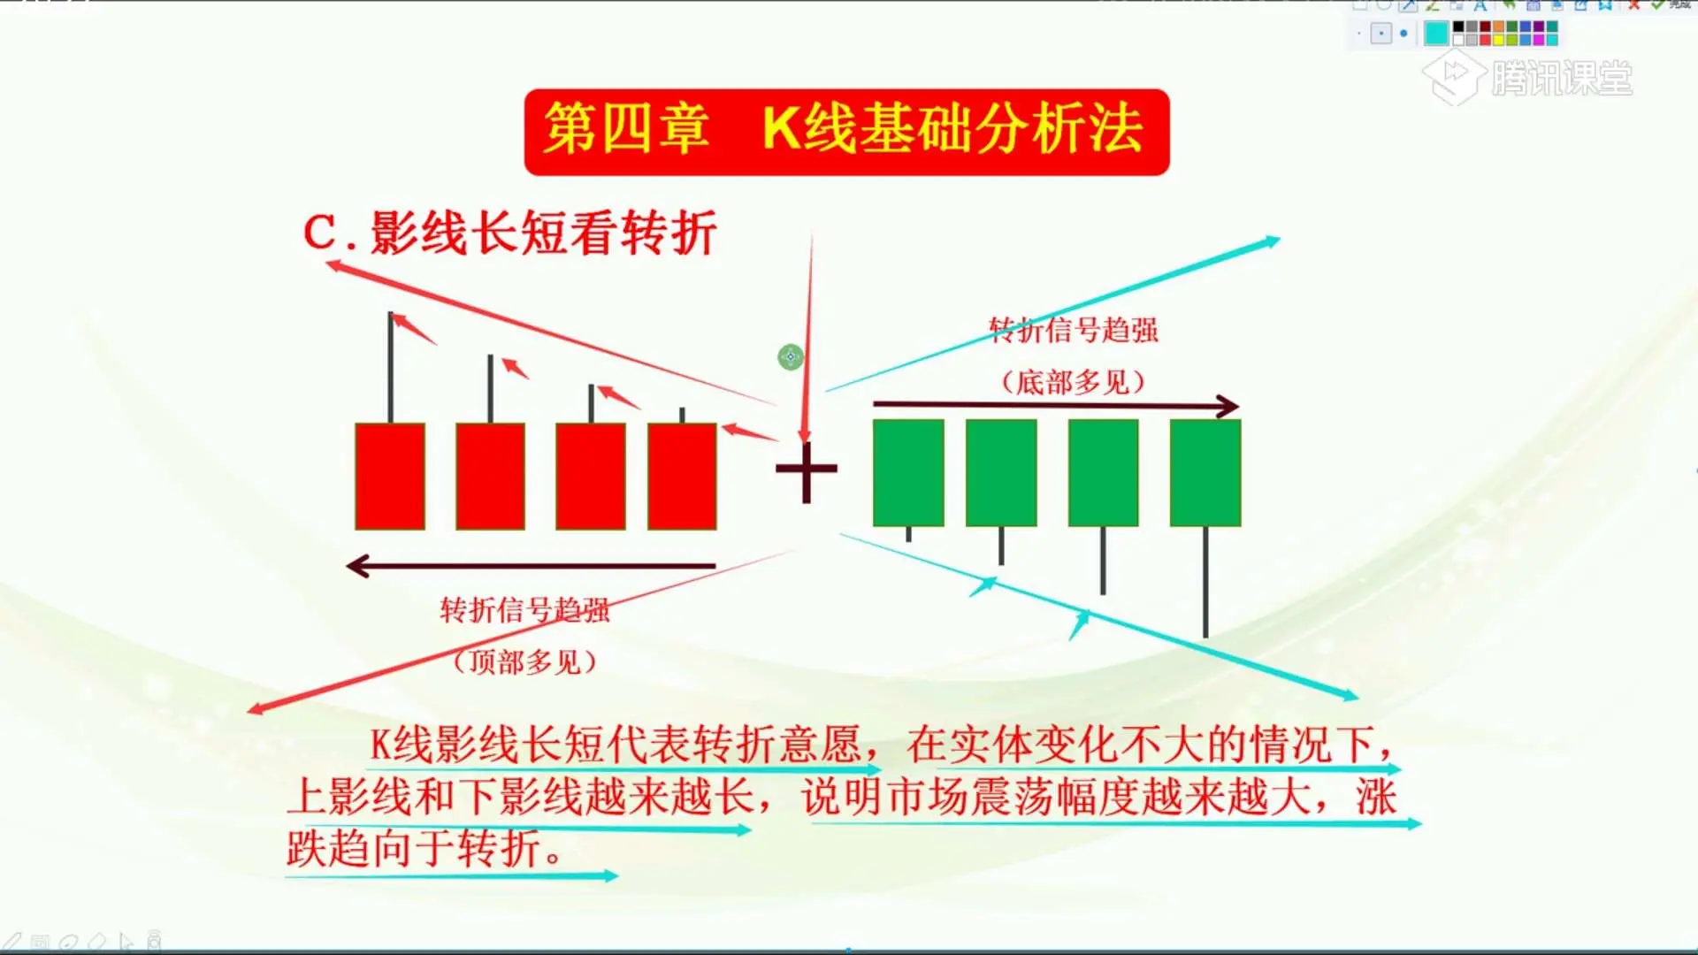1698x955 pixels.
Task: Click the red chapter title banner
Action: click(x=846, y=132)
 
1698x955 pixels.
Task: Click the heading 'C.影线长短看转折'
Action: click(x=509, y=233)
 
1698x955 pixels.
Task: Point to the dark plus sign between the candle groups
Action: click(x=806, y=470)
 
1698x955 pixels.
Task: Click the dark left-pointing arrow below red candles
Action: click(x=531, y=566)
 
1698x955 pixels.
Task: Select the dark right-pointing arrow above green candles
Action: click(x=1056, y=405)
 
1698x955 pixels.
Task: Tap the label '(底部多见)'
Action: click(x=1073, y=382)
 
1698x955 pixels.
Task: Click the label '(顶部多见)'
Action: click(x=524, y=661)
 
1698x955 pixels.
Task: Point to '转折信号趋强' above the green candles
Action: click(x=1074, y=330)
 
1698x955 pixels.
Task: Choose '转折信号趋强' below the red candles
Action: click(x=525, y=610)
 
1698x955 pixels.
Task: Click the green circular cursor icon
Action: click(x=791, y=357)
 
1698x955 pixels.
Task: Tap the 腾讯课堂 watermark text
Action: click(x=1562, y=79)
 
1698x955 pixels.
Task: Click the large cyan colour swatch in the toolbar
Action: click(x=1436, y=34)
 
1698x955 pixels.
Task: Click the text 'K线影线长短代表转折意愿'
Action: click(x=616, y=745)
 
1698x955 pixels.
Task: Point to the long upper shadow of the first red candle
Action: click(x=390, y=367)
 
